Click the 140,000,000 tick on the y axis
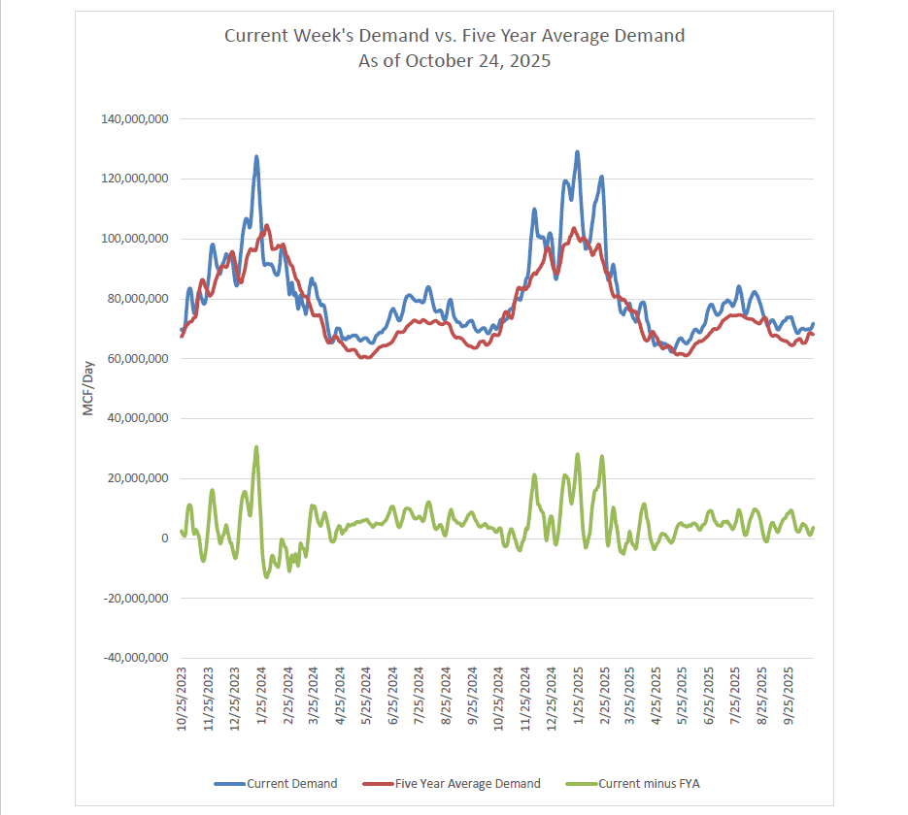[135, 119]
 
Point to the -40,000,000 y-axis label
[135, 659]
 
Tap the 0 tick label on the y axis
[166, 538]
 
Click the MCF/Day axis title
[86, 389]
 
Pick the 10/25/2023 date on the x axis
[183, 700]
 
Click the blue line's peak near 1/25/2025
[578, 152]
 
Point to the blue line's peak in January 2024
[256, 156]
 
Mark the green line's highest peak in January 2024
[256, 447]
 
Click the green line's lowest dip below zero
[266, 577]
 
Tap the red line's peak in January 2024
[266, 226]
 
